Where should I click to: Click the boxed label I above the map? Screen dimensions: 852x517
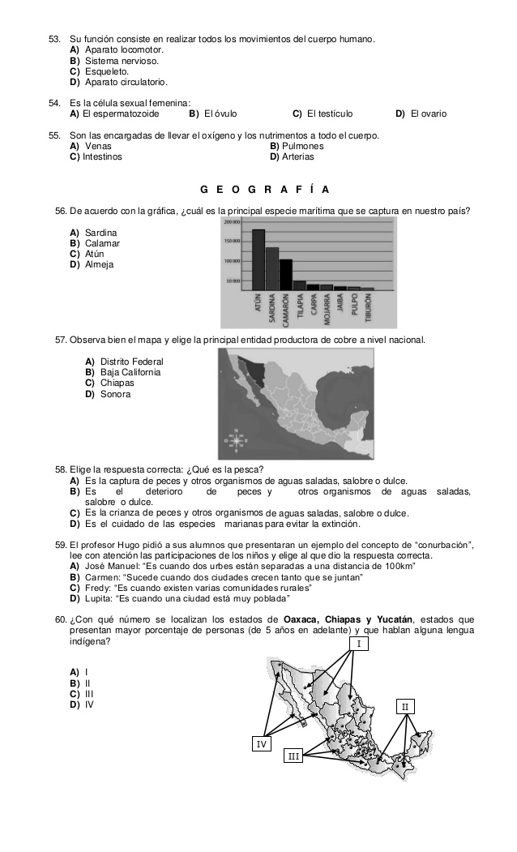[x=358, y=644]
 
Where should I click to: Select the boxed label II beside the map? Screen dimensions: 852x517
[x=406, y=707]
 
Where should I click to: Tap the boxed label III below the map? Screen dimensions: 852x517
[x=293, y=756]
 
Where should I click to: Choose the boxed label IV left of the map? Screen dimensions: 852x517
[x=261, y=743]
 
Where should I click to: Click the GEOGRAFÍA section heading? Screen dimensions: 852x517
[x=264, y=190]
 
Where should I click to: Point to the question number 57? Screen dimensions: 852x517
[x=60, y=339]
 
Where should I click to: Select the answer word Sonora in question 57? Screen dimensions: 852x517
[x=115, y=394]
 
